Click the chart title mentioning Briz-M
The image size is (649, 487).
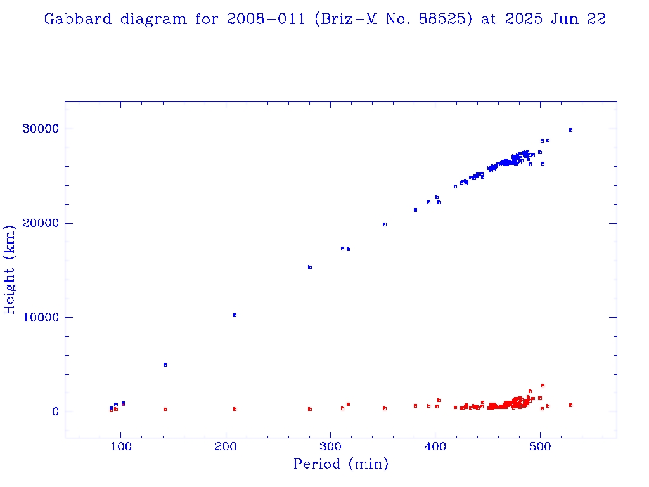tap(324, 20)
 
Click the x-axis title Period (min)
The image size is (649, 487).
tap(340, 465)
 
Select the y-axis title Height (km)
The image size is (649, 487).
tap(10, 269)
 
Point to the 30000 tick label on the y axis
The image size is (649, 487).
tap(41, 129)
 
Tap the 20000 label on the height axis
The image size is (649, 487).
tap(41, 223)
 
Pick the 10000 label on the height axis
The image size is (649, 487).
tap(41, 318)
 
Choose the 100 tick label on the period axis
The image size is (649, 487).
tap(121, 446)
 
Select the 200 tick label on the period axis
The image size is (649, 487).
tap(226, 446)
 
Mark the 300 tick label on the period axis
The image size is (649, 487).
tap(330, 446)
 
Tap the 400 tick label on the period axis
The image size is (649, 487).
tap(435, 446)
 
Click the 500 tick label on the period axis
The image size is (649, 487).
tap(540, 446)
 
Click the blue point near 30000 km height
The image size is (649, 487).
tap(570, 130)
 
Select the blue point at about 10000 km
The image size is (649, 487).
tap(235, 315)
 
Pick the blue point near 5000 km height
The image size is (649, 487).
tap(165, 365)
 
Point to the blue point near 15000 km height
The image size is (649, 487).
tap(310, 267)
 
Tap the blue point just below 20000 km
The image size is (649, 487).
tap(385, 224)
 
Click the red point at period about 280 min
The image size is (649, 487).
tap(310, 409)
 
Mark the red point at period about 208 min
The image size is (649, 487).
tap(235, 409)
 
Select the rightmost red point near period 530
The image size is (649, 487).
tap(570, 405)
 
